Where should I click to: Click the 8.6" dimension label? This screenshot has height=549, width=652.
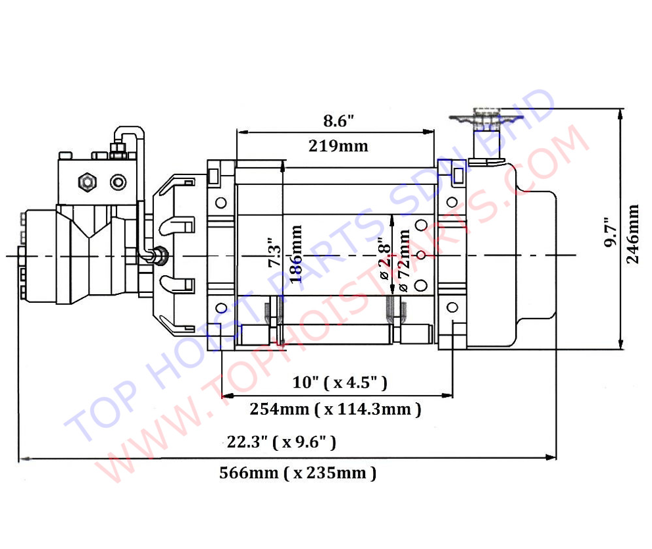pos(338,121)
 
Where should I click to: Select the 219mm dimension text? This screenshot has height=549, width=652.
pos(338,146)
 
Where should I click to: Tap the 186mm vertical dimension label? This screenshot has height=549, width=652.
pos(295,254)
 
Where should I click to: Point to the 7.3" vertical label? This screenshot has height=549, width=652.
pos(274,253)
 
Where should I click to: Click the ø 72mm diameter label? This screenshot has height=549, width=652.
pos(403,261)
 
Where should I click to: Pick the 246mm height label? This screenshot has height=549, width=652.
pos(632,234)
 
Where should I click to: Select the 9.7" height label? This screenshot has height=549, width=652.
pos(611,232)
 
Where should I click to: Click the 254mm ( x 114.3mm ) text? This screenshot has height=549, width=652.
pos(336,409)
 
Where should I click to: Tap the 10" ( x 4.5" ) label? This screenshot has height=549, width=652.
pos(339,382)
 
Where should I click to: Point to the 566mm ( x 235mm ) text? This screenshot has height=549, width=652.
pos(298,473)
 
